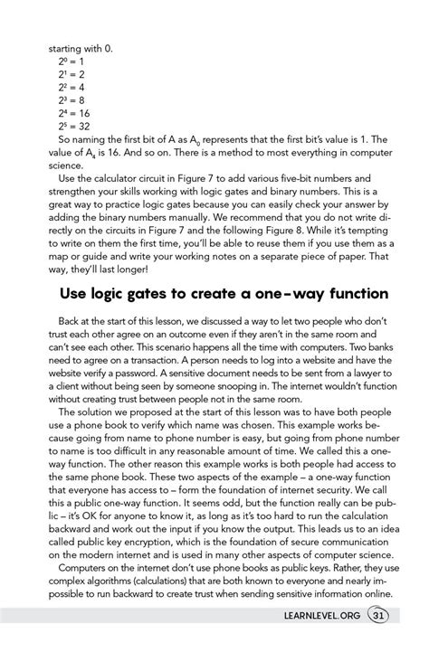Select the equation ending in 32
[x=72, y=127]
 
